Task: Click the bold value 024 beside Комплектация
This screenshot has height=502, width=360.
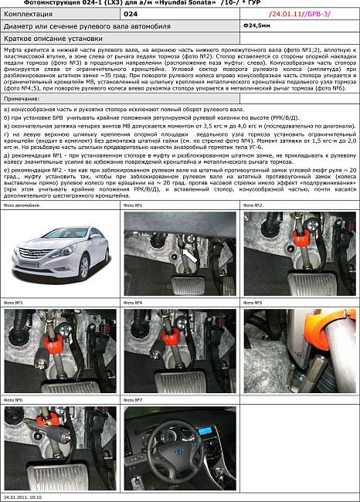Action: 132,15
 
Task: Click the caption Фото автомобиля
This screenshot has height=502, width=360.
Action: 21,205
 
